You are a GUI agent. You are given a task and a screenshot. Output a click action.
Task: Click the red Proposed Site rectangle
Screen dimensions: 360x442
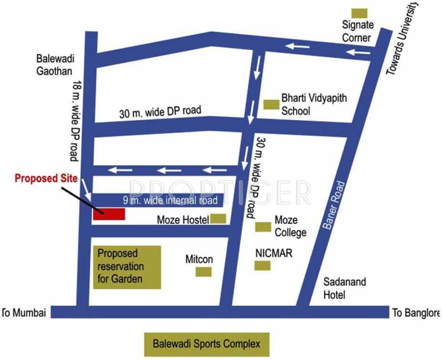click(x=109, y=214)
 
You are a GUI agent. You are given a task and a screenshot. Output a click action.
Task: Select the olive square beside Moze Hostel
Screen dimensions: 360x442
click(x=218, y=218)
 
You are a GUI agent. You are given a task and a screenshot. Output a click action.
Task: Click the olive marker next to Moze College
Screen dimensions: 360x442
click(x=263, y=227)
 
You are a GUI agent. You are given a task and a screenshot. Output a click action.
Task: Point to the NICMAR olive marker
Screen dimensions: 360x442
click(x=262, y=266)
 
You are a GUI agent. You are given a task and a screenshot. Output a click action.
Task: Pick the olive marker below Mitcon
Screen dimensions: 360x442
click(x=203, y=272)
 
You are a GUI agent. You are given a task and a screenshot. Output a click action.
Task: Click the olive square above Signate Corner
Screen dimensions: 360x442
click(x=359, y=14)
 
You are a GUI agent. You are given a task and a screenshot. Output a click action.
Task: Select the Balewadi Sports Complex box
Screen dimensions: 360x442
click(x=206, y=344)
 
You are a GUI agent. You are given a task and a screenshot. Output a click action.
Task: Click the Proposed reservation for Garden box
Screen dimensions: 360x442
click(x=127, y=267)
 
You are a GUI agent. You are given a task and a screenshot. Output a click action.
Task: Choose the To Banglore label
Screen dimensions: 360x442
click(x=416, y=313)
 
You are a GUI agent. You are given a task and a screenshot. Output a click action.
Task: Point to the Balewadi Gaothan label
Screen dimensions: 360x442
click(x=54, y=65)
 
